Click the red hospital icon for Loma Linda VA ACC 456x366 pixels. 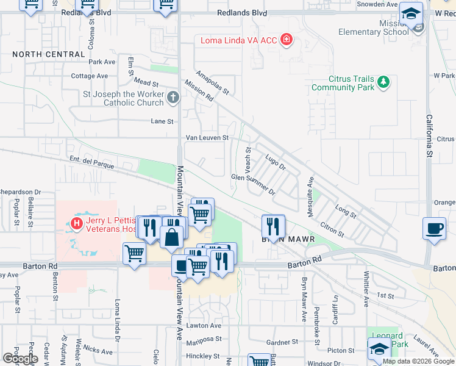click(x=287, y=41)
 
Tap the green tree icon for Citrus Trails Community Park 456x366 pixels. click(x=383, y=81)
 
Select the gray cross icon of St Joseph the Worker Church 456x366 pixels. click(x=173, y=97)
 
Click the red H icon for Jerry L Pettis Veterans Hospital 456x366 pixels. click(x=77, y=223)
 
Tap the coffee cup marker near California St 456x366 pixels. click(x=433, y=229)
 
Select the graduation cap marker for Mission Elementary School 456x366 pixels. click(x=411, y=13)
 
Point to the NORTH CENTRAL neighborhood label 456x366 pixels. click(x=49, y=54)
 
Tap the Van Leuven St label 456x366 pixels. click(x=207, y=138)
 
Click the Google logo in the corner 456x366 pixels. click(x=20, y=358)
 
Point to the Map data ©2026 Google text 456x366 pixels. click(x=418, y=361)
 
